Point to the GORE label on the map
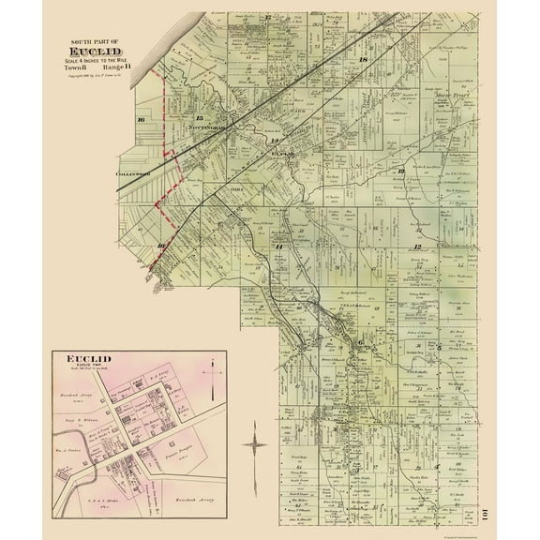coord(236,188)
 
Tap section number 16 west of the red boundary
coord(141,120)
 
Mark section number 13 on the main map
coord(400,172)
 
